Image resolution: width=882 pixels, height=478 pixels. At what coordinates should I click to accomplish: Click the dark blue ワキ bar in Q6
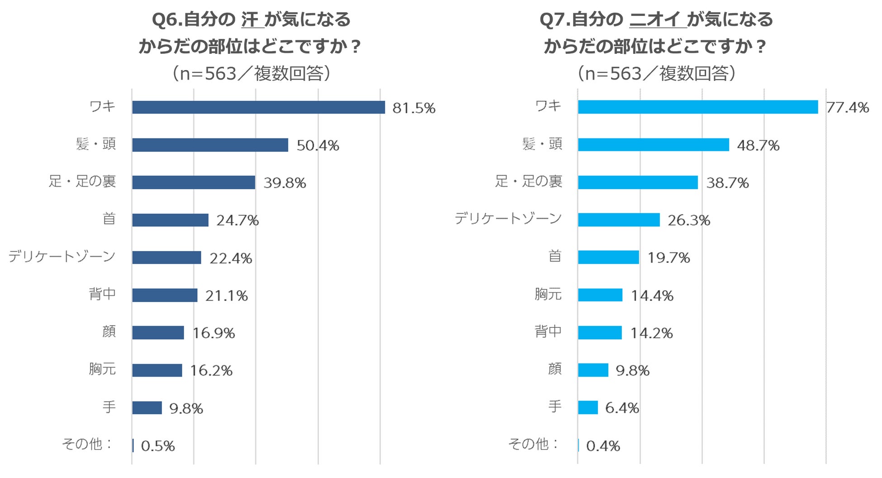pyautogui.click(x=258, y=107)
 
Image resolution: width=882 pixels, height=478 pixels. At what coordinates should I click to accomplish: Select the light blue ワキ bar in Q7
pyautogui.click(x=697, y=107)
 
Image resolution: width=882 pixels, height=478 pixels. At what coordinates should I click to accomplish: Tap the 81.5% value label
pyautogui.click(x=413, y=108)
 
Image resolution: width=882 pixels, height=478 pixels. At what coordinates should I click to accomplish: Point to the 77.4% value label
pyautogui.click(x=847, y=108)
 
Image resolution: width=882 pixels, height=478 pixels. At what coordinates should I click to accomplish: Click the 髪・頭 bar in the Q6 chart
pyautogui.click(x=210, y=145)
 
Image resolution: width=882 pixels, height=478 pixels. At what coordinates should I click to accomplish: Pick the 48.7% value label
pyautogui.click(x=758, y=145)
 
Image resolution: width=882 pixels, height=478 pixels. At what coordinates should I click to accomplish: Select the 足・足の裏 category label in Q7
pyautogui.click(x=528, y=181)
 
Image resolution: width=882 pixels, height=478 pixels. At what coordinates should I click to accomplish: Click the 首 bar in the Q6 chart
pyautogui.click(x=170, y=220)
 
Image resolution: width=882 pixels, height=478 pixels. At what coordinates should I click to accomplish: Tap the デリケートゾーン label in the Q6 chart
pyautogui.click(x=62, y=256)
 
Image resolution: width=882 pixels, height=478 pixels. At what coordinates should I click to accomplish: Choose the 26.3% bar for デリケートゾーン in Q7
pyautogui.click(x=618, y=220)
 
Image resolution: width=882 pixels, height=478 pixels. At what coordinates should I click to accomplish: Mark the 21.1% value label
pyautogui.click(x=226, y=296)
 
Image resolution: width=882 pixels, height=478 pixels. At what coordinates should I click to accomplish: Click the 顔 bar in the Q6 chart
pyautogui.click(x=158, y=333)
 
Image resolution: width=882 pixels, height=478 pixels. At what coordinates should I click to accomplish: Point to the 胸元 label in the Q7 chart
pyautogui.click(x=548, y=294)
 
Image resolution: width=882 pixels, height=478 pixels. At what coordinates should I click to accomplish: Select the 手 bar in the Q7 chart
pyautogui.click(x=588, y=407)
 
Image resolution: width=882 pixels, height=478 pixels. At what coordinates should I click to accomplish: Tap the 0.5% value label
pyautogui.click(x=158, y=446)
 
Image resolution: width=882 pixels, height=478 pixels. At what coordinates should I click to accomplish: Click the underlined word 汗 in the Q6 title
pyautogui.click(x=250, y=20)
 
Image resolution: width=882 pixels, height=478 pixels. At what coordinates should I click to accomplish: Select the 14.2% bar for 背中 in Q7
pyautogui.click(x=600, y=333)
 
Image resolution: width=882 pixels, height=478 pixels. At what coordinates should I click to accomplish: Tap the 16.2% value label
pyautogui.click(x=211, y=371)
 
